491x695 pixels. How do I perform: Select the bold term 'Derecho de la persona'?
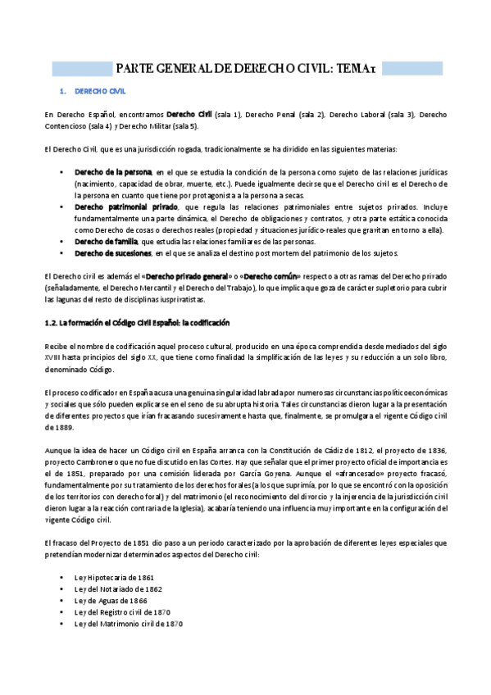coord(113,173)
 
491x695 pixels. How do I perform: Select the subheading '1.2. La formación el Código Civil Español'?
coord(138,324)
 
